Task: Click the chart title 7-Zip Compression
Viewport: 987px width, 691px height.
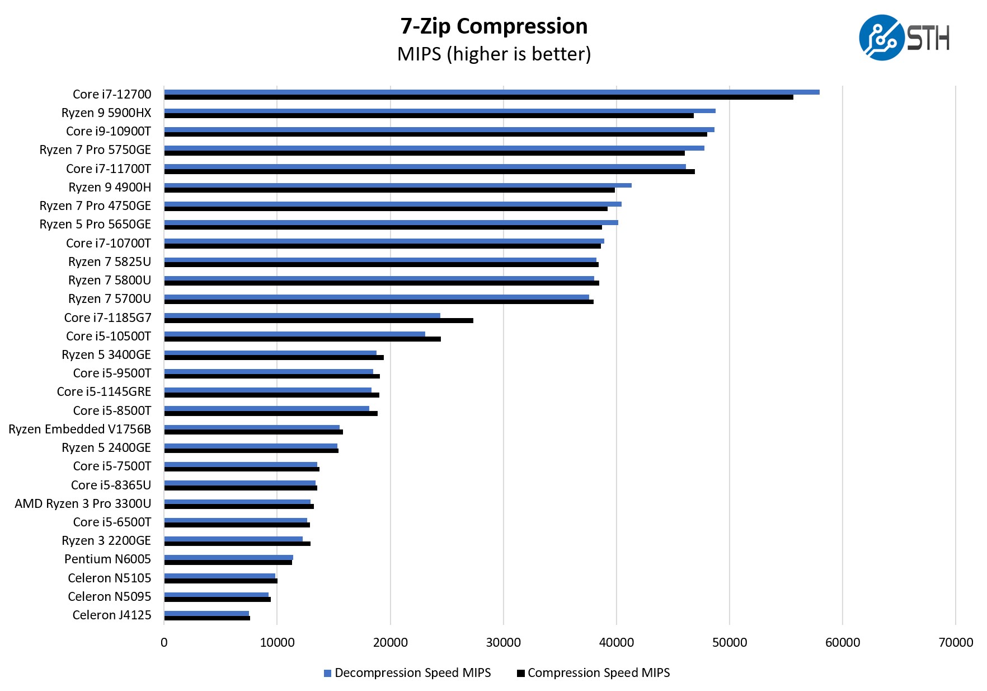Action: coord(493,26)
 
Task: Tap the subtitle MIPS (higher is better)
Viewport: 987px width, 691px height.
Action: coord(493,54)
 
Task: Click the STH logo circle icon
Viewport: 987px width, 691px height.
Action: coord(881,38)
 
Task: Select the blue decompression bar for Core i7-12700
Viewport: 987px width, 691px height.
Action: coord(491,92)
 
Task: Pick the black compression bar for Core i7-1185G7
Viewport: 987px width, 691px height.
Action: coord(318,321)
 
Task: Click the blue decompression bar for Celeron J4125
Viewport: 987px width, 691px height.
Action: coord(206,613)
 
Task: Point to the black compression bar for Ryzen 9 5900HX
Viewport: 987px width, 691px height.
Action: coord(429,116)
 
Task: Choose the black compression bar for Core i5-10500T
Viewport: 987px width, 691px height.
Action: coord(302,339)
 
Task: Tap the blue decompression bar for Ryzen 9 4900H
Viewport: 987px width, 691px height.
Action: coord(397,185)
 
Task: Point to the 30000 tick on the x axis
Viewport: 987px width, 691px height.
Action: coord(503,642)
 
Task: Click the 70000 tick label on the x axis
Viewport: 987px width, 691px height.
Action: coord(955,642)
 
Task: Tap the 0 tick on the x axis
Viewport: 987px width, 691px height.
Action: coord(164,642)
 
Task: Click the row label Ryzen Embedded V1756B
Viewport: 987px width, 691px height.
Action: coord(79,429)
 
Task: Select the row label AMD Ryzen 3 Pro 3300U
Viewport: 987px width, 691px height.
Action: coord(83,503)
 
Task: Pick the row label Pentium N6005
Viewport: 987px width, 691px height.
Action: coord(107,559)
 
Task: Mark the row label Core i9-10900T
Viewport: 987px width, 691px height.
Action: coord(109,131)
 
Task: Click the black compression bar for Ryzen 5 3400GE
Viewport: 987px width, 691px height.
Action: coord(274,358)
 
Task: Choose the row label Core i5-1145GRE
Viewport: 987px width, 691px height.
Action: coord(104,391)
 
